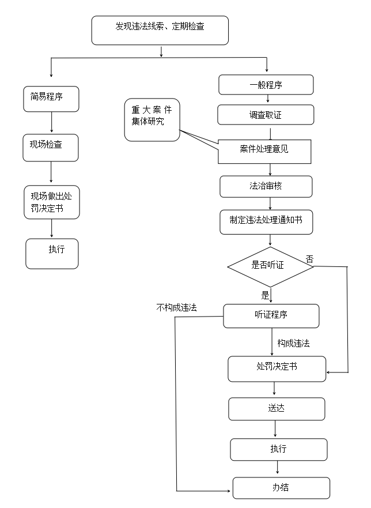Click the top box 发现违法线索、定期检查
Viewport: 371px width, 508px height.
[x=160, y=30]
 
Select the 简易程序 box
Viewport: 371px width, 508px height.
[x=51, y=99]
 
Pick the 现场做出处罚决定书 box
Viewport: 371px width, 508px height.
[x=52, y=202]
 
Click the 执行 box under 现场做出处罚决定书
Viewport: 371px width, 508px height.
[x=52, y=253]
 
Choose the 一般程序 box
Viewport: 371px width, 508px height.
[x=266, y=85]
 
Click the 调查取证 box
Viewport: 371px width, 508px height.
[x=266, y=115]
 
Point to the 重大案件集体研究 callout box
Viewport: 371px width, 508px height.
[x=152, y=119]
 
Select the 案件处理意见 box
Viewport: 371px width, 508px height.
[x=264, y=151]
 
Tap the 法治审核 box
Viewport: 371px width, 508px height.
[x=266, y=187]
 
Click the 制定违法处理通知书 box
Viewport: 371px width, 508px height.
[x=266, y=222]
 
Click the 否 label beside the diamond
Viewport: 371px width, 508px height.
[x=309, y=259]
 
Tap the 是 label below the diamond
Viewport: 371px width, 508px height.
[x=265, y=295]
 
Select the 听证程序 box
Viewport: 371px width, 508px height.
[x=271, y=315]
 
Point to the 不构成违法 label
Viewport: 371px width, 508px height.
[x=176, y=308]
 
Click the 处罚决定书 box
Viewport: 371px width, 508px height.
[x=277, y=368]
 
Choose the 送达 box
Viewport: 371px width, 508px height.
[x=277, y=409]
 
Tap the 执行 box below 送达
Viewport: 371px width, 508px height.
[x=278, y=449]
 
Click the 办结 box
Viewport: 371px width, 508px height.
[x=281, y=488]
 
